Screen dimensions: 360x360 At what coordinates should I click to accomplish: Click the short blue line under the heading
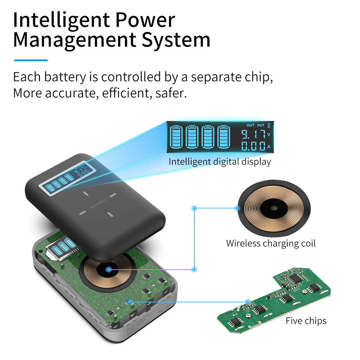31,60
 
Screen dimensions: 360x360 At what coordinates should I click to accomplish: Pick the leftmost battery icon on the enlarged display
176,137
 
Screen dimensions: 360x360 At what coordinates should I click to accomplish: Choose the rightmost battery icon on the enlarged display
224,137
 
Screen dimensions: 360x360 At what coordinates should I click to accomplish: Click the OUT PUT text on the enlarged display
255,125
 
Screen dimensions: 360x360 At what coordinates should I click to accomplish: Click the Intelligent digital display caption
220,162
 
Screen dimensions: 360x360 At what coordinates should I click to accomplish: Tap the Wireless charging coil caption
271,243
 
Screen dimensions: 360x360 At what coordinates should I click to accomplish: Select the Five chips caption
306,321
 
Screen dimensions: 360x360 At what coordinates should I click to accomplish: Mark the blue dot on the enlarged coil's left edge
237,208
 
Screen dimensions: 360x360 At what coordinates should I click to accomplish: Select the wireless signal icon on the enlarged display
269,125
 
